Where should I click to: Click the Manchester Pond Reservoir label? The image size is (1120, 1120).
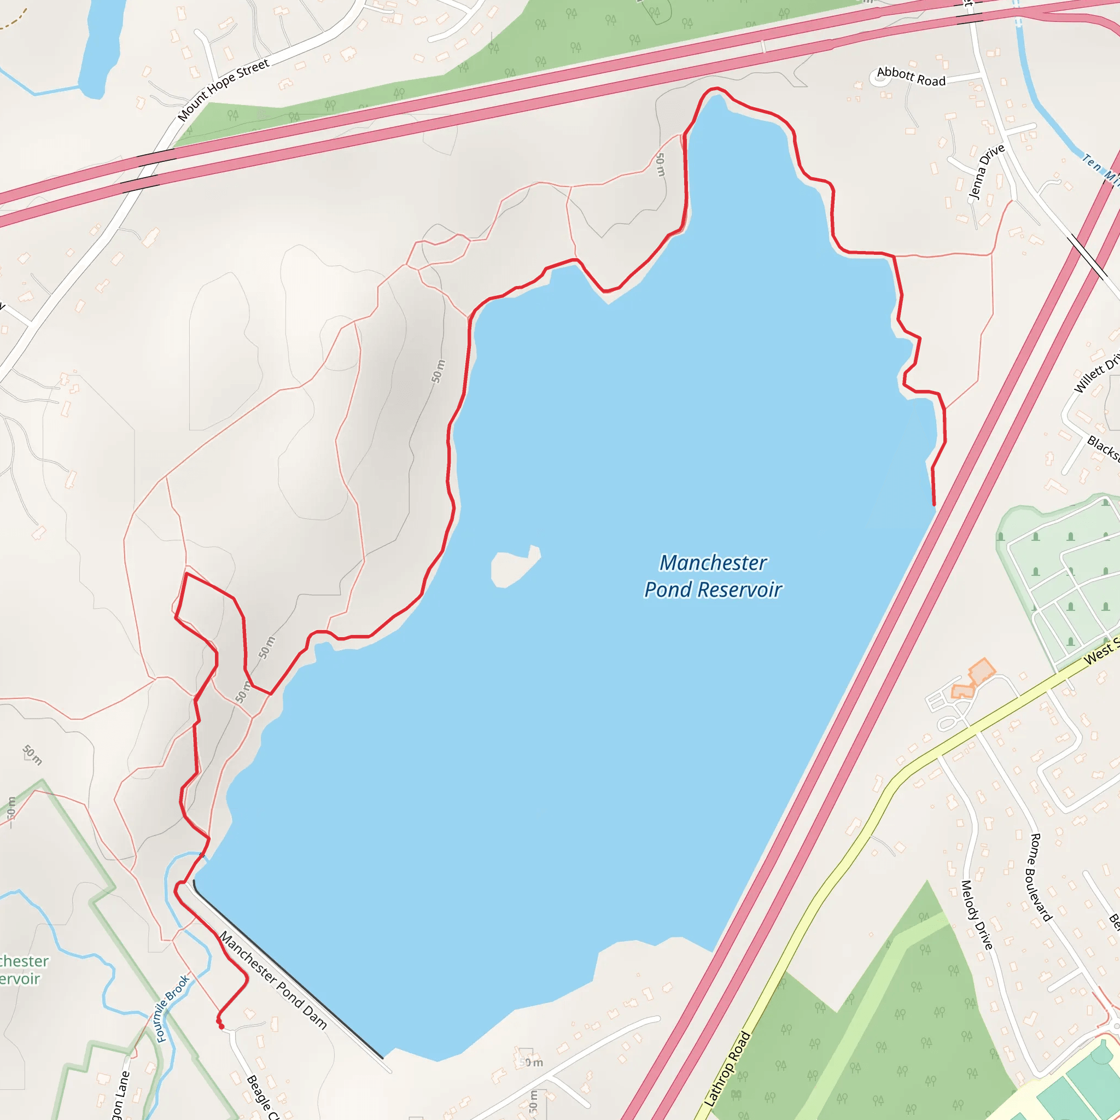[713, 576]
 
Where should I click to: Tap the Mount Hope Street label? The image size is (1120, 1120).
[224, 90]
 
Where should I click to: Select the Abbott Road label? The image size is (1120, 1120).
[911, 77]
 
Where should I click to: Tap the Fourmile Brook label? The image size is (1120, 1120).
[173, 1008]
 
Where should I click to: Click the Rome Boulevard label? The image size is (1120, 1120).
[1040, 877]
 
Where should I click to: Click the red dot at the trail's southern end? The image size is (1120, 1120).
[221, 1026]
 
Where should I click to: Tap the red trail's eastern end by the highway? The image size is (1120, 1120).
[934, 504]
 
